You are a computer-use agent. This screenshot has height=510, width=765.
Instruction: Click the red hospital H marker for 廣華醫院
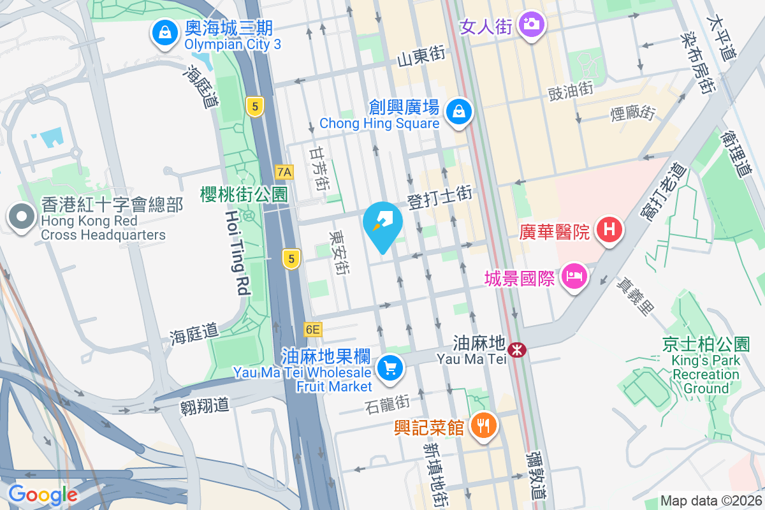(609, 229)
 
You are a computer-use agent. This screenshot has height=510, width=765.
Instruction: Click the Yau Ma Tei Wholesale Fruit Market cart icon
(390, 368)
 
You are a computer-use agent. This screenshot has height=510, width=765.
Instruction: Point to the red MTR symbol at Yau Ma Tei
(516, 349)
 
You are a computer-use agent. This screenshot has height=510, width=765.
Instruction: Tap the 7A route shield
(284, 171)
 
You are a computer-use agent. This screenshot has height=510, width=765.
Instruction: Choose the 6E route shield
(312, 330)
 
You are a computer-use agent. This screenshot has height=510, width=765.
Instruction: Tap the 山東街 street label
(421, 57)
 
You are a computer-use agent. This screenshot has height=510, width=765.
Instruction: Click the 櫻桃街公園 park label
(244, 194)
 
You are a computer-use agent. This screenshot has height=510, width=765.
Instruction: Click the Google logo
(43, 494)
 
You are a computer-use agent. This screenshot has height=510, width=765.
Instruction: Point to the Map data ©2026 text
(710, 500)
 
